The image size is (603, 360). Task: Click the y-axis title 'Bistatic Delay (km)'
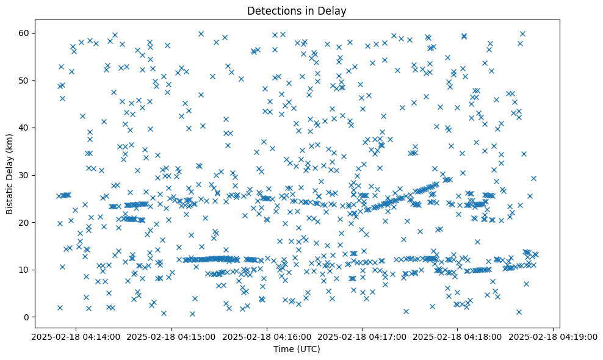[x=10, y=174]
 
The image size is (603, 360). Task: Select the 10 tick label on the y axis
[x=26, y=270]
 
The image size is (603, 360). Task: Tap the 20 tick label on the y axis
[x=26, y=222]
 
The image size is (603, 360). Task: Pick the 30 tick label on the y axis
[x=26, y=175]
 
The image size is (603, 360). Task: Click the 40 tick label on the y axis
[x=26, y=128]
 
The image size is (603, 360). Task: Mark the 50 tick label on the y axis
[x=26, y=80]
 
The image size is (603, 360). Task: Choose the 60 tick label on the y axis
[x=26, y=33]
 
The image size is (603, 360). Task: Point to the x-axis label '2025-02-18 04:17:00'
[x=362, y=336]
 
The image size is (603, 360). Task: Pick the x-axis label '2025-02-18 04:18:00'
[x=458, y=336]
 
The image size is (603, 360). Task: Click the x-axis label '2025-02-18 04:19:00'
[x=554, y=336]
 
